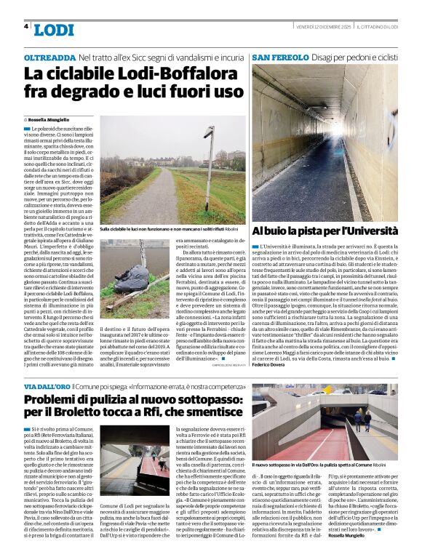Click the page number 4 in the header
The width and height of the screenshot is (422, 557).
26,26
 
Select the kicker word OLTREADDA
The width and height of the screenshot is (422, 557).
49,56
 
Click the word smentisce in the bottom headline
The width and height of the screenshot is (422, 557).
207,417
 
